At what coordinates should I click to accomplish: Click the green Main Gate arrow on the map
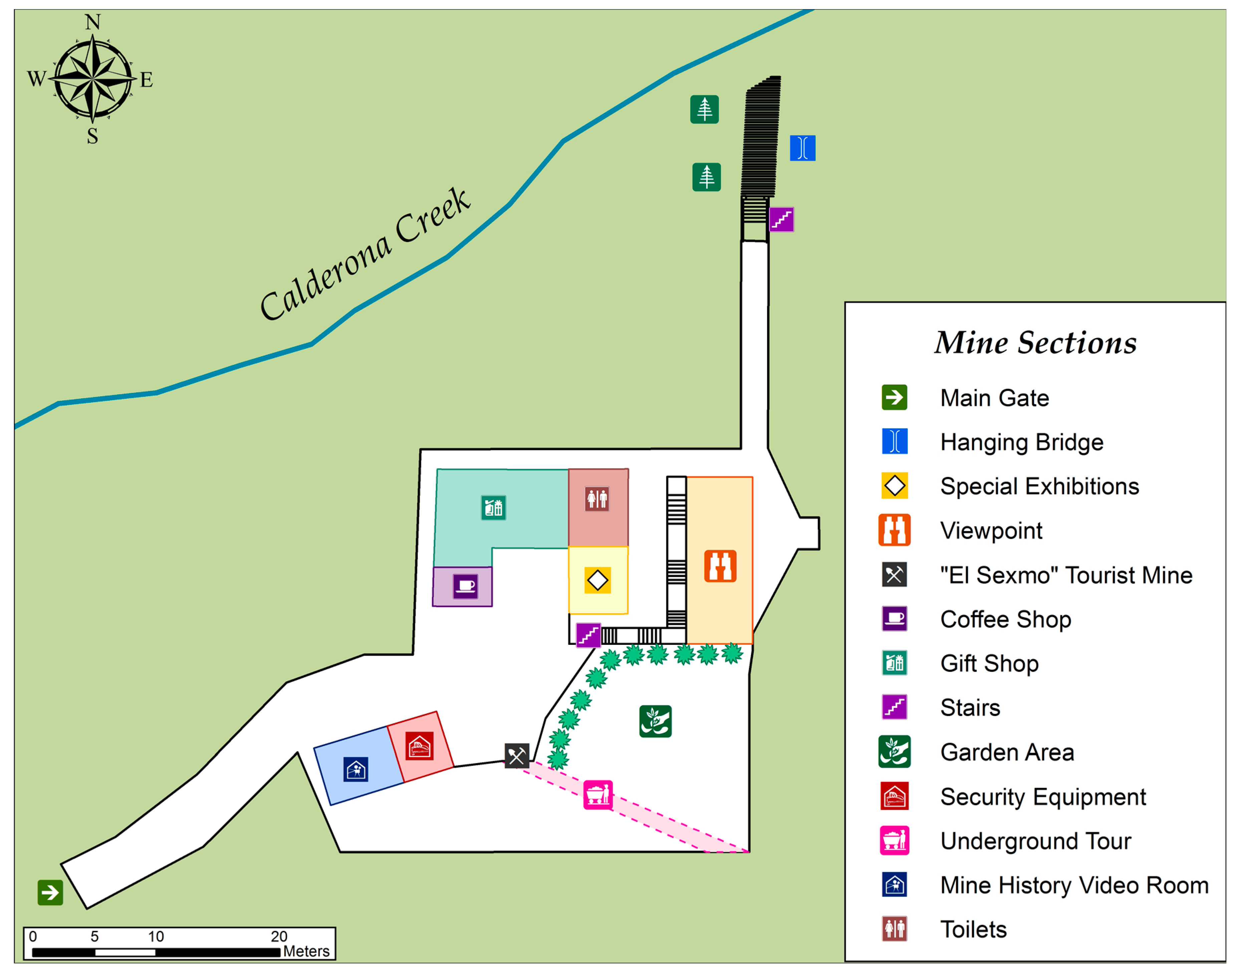click(x=50, y=892)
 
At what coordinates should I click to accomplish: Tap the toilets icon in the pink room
click(x=597, y=499)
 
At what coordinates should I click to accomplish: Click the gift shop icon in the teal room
click(x=493, y=508)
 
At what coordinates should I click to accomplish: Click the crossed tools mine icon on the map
click(x=516, y=756)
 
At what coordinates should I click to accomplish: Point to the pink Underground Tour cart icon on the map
click(x=597, y=794)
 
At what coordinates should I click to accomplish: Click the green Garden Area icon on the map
click(x=655, y=721)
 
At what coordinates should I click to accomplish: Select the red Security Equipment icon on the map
click(x=420, y=746)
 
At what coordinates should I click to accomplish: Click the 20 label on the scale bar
click(x=278, y=936)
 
